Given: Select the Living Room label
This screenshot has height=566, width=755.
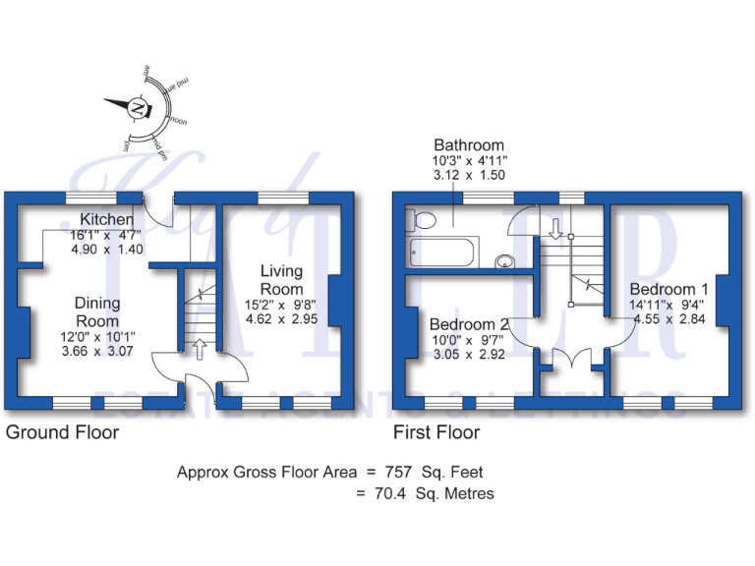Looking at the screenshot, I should tap(282, 279).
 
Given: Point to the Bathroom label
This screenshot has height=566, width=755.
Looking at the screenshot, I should tap(469, 145).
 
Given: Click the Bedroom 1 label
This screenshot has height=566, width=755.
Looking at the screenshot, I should tap(668, 289).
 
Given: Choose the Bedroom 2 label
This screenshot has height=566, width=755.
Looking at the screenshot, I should tap(469, 324).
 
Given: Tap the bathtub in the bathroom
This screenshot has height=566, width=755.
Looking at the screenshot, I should tap(441, 253).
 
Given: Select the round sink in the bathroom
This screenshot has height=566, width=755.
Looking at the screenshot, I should tap(504, 260).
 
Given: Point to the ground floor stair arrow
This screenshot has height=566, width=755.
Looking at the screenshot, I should tap(200, 347).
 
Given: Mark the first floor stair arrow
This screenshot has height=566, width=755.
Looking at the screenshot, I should tap(555, 230).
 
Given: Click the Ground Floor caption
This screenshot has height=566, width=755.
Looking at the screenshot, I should tap(62, 432).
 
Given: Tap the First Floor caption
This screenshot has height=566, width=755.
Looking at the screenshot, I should tap(436, 432).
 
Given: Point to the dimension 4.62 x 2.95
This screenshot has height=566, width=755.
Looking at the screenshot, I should tap(282, 319).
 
